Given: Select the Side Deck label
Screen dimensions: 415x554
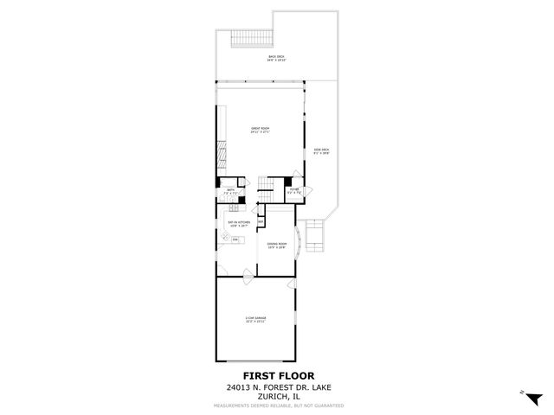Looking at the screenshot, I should (x=321, y=151).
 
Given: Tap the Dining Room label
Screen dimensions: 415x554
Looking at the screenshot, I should (x=277, y=246).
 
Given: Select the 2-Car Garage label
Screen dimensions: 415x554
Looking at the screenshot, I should (x=255, y=319).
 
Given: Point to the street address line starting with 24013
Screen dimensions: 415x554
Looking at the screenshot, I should (x=276, y=387).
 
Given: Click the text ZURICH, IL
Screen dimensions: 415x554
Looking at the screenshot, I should (x=276, y=396).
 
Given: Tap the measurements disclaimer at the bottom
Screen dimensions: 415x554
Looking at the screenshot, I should (x=276, y=405).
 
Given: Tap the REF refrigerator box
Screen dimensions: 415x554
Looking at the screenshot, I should (x=261, y=221).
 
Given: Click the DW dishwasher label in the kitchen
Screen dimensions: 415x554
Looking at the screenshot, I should (x=234, y=239).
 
